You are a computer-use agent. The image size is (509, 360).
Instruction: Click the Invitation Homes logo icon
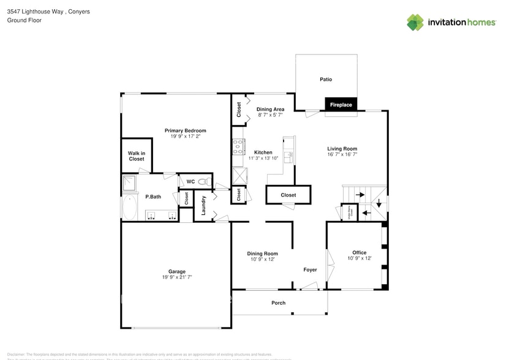point(415,23)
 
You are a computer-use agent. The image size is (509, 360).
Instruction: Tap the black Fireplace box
point(341,105)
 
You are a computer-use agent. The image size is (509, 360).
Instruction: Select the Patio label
point(326,79)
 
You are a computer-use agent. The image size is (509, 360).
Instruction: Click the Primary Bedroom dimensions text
point(185,137)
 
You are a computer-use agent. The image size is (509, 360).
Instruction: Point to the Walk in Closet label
point(136,156)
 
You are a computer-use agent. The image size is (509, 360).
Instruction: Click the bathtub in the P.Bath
point(130,208)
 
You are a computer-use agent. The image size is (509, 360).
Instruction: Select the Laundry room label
point(203,205)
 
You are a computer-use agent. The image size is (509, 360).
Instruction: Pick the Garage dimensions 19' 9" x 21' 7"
point(177,278)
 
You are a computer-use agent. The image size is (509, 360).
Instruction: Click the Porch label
point(278,303)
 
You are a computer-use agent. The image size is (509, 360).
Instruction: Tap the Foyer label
point(310,269)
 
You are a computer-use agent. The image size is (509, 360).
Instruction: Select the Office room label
point(359,252)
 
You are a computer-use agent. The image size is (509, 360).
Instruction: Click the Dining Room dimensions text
point(262,260)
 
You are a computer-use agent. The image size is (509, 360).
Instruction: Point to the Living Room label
point(342,148)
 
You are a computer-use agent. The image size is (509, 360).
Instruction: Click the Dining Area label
point(270,109)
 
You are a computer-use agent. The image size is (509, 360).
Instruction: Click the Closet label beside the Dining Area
point(238,109)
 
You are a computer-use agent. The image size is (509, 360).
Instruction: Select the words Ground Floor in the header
point(24,20)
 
